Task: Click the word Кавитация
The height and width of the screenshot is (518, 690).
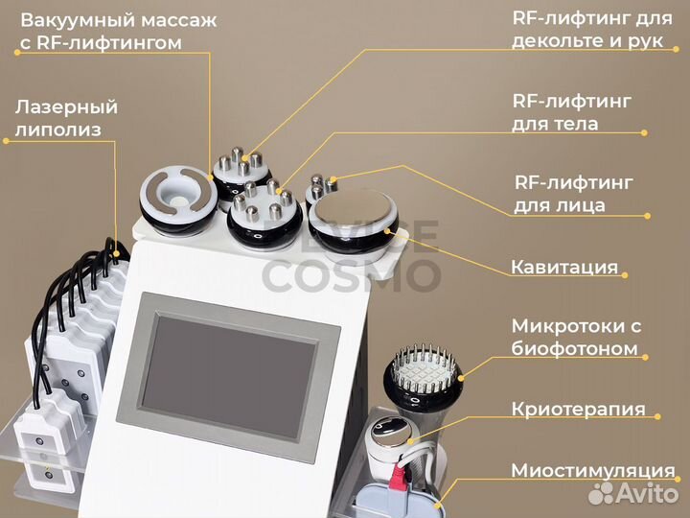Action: [563, 267]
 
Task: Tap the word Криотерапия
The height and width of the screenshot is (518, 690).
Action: [578, 410]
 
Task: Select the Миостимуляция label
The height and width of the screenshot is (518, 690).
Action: [592, 470]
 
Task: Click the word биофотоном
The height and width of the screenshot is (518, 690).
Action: [574, 348]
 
